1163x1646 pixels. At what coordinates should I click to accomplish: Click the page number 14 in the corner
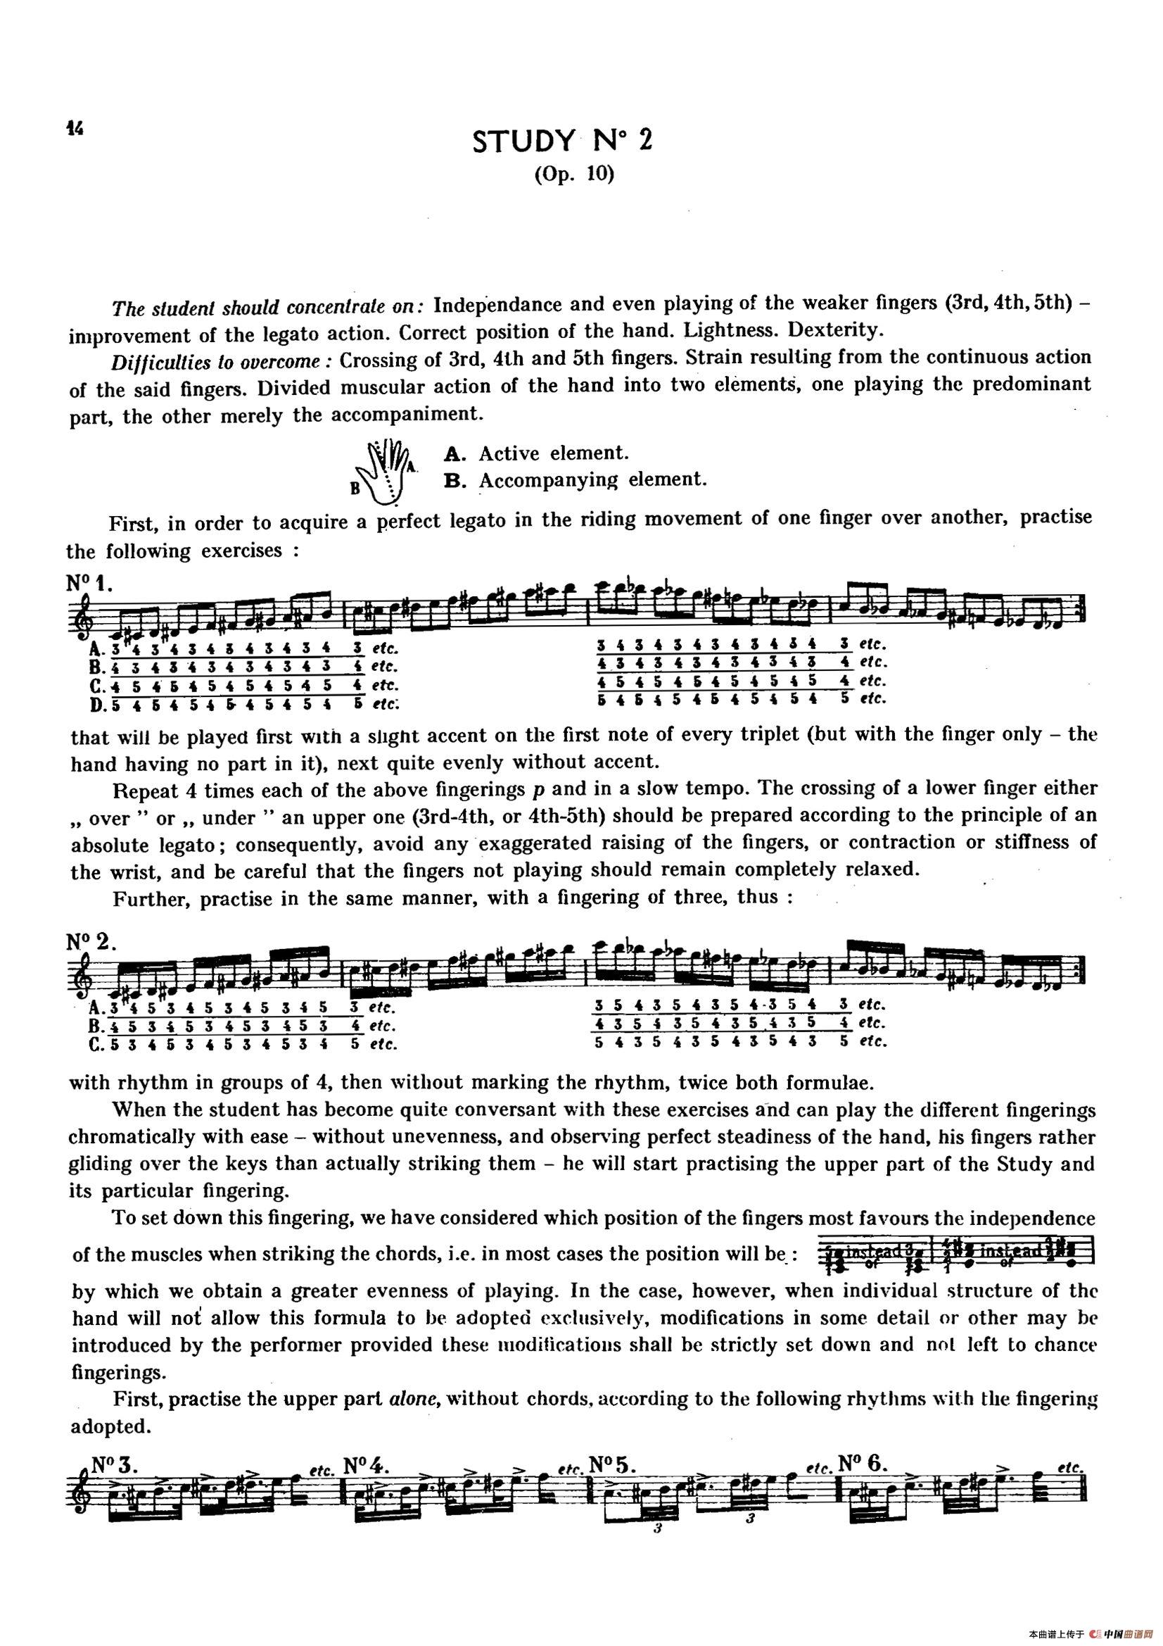75,129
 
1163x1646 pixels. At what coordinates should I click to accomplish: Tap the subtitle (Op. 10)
574,175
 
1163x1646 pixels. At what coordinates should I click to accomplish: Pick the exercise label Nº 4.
366,1445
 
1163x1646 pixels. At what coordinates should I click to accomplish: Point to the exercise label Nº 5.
614,1445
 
